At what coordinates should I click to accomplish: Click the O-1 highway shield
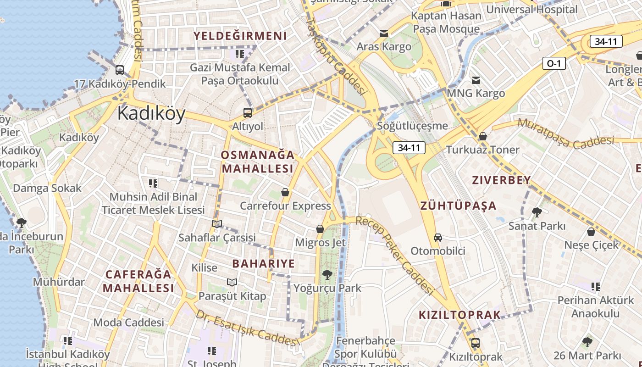(553, 63)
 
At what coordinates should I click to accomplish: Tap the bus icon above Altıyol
(248, 112)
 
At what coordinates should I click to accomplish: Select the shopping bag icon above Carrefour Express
(285, 192)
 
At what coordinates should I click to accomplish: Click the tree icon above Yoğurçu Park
(327, 275)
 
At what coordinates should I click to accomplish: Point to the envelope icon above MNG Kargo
(476, 80)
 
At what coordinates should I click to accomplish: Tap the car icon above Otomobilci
(438, 238)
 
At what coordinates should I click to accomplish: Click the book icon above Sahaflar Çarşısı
(217, 224)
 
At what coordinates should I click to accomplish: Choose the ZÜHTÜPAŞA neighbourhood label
(459, 206)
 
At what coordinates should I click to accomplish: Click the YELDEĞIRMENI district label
(240, 36)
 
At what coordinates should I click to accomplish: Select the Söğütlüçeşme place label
(412, 126)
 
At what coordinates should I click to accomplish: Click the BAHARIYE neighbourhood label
(263, 264)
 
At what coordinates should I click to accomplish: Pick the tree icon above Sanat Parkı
(537, 212)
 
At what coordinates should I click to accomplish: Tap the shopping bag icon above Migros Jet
(320, 228)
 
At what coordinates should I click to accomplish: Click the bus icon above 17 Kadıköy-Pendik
(120, 70)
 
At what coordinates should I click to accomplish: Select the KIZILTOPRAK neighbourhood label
(459, 315)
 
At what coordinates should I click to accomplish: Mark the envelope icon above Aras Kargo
(384, 33)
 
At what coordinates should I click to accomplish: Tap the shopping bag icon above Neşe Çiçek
(591, 232)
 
